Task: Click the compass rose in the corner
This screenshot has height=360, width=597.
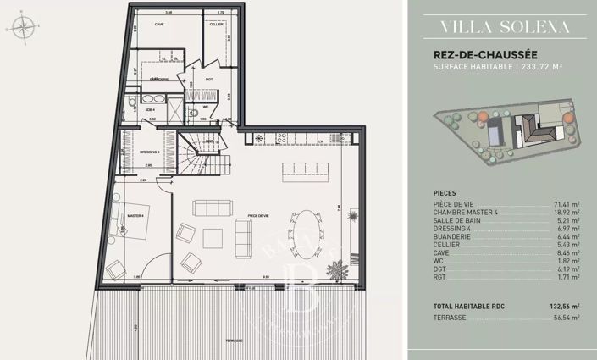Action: click(23, 27)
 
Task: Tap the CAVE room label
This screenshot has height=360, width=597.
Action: click(158, 25)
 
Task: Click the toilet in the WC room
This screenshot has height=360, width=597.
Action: click(194, 111)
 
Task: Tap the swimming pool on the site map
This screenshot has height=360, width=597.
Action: click(499, 130)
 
